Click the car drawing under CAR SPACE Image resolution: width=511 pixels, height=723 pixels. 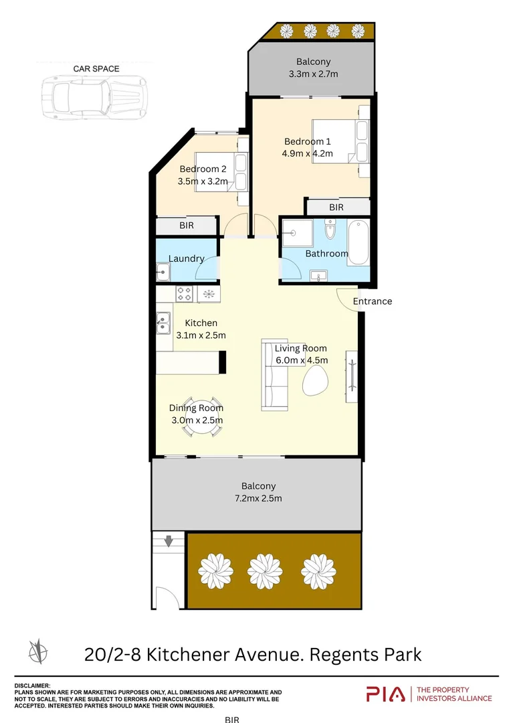pyautogui.click(x=94, y=98)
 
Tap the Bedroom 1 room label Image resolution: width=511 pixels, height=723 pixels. pyautogui.click(x=308, y=141)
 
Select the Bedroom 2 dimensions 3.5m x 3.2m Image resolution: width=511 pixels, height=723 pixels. pyautogui.click(x=203, y=181)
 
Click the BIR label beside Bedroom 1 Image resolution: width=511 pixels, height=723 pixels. pyautogui.click(x=336, y=207)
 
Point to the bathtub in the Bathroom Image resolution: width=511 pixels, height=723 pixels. pyautogui.click(x=359, y=242)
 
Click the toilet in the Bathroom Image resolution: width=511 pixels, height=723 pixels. pyautogui.click(x=330, y=229)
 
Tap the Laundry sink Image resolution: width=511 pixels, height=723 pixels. pyautogui.click(x=163, y=272)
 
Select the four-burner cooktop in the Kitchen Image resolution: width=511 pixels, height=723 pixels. pyautogui.click(x=185, y=294)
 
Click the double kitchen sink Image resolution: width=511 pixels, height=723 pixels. pyautogui.click(x=163, y=323)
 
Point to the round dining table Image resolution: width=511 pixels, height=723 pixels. pyautogui.click(x=202, y=416)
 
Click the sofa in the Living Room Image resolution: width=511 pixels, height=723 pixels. pyautogui.click(x=274, y=374)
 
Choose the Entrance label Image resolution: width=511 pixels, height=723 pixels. pyautogui.click(x=373, y=301)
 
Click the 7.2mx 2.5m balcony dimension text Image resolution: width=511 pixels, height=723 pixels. pyautogui.click(x=258, y=498)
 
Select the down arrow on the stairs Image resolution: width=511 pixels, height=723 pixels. pyautogui.click(x=169, y=540)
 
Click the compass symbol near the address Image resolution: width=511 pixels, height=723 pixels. pyautogui.click(x=37, y=651)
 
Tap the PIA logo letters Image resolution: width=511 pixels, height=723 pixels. pyautogui.click(x=386, y=694)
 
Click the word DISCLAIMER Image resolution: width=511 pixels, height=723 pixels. pyautogui.click(x=32, y=686)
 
